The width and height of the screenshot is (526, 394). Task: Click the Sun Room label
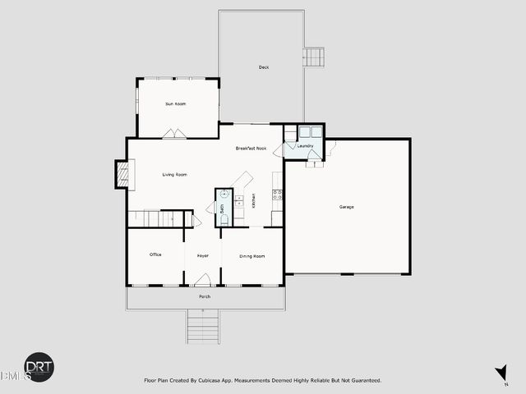point(175,104)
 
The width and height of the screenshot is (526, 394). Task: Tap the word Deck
point(264,67)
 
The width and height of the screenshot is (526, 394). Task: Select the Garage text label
point(347,206)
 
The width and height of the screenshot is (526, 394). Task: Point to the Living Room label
point(174,174)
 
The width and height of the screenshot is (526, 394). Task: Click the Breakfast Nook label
point(251,149)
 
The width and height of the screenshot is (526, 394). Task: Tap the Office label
point(155,255)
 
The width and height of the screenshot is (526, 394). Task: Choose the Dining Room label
point(252,256)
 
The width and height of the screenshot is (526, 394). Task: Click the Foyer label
point(202,256)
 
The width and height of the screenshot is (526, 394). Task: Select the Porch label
point(205,296)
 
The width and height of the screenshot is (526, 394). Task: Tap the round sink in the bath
point(224,195)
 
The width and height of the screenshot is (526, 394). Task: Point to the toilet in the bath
point(224,220)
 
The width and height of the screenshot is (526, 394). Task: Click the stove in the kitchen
point(278,195)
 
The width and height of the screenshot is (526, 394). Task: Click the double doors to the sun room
point(173,134)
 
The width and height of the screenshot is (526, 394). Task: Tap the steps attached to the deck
point(313,57)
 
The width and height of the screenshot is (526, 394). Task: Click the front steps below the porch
point(203,327)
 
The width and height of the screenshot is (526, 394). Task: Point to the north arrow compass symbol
point(501,373)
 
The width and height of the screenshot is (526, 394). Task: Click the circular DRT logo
point(39,367)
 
